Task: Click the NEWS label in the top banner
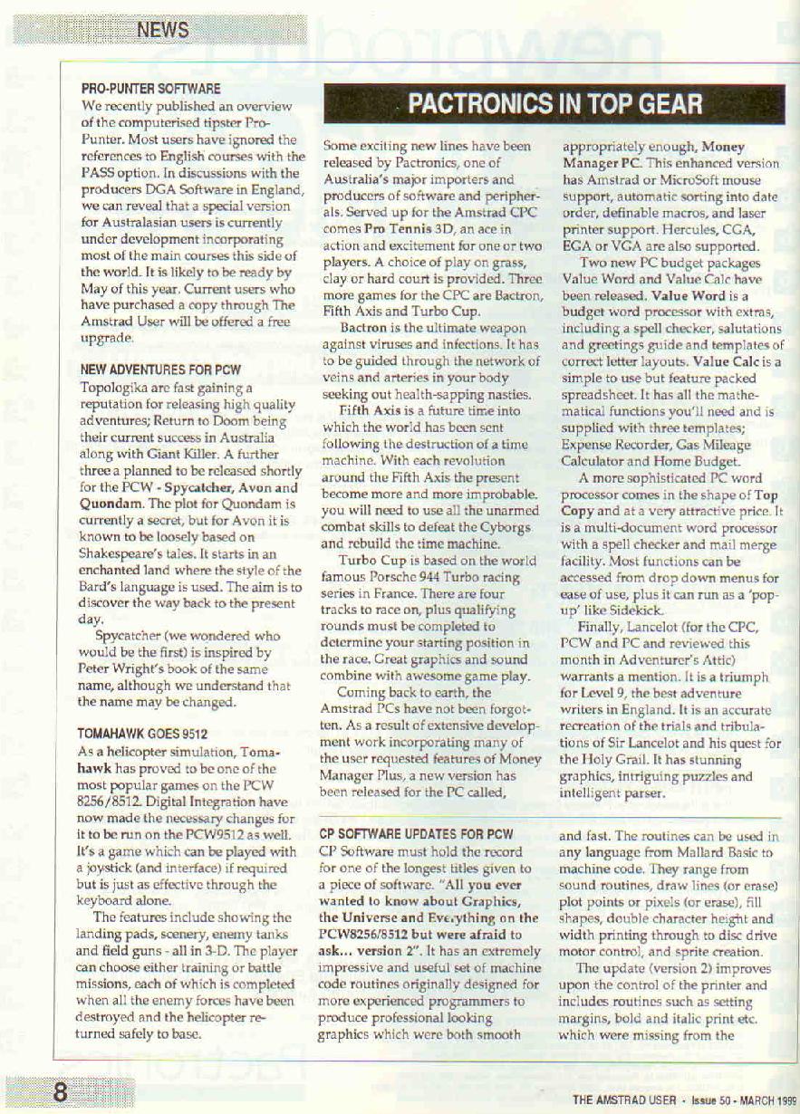(x=163, y=30)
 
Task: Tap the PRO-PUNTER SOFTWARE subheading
(x=150, y=89)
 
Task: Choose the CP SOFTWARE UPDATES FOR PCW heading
(x=418, y=833)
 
